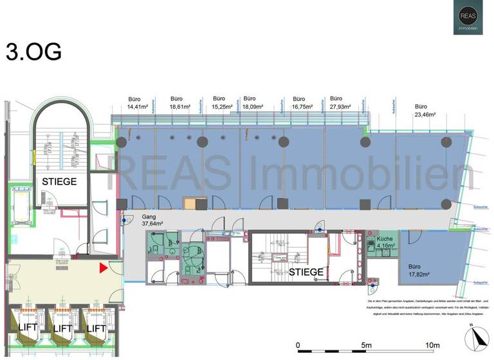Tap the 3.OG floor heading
[x=33, y=51]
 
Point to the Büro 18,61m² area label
[x=181, y=103]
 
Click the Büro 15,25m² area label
[x=223, y=103]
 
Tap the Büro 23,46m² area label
[x=421, y=111]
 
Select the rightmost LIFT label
[x=96, y=328]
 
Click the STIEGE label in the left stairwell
[x=59, y=182]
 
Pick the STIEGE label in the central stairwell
[x=306, y=272]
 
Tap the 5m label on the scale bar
[x=366, y=345]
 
